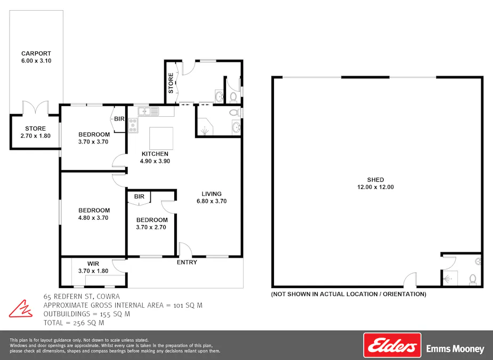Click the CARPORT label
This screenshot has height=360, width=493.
pos(36,53)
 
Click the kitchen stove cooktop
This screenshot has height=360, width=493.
pos(133,125)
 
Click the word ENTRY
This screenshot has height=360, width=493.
pos(187,262)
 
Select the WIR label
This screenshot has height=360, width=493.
pos(93,263)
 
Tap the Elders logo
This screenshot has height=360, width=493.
pos(392,345)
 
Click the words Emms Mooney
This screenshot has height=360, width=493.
pos(455,349)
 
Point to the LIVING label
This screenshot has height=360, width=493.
pos(211,194)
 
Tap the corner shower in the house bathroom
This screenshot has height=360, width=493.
pos(204,127)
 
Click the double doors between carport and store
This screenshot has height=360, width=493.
pos(36,108)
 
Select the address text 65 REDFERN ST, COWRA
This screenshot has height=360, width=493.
pos(82,297)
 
